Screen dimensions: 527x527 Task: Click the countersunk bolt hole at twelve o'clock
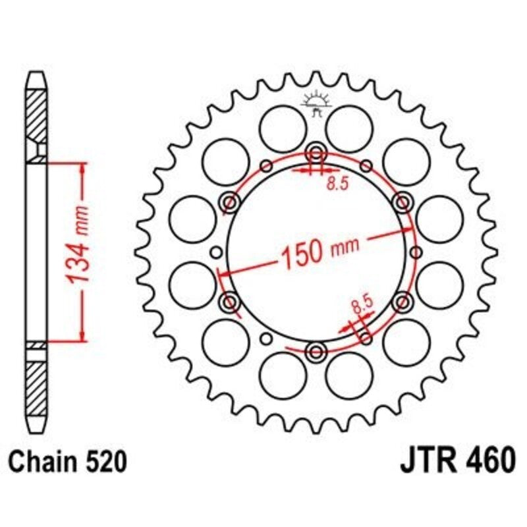tap(316, 153)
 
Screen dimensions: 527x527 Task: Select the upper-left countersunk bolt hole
tap(230, 202)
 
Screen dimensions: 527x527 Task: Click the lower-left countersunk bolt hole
tap(230, 302)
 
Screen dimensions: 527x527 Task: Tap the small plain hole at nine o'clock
tap(215, 252)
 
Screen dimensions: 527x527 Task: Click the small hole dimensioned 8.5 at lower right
tap(366, 338)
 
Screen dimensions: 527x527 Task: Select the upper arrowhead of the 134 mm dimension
tap(82, 168)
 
